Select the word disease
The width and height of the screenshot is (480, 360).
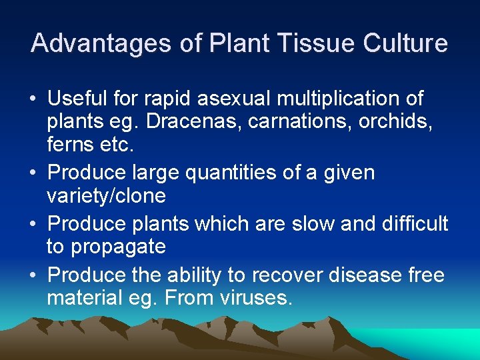click(373, 274)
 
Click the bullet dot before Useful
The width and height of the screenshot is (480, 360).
click(33, 100)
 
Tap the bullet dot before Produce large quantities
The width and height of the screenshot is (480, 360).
click(33, 174)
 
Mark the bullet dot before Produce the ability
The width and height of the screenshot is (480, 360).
click(33, 275)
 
